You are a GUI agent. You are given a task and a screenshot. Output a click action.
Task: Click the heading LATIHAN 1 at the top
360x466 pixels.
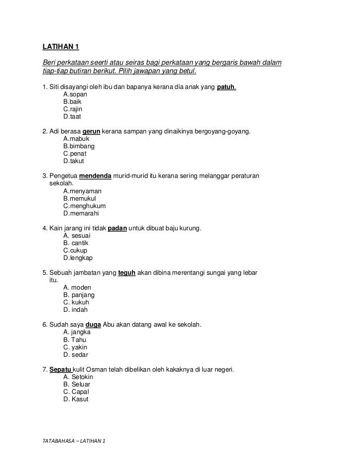click(61, 47)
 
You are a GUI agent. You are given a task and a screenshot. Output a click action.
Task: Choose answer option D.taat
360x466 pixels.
click(72, 117)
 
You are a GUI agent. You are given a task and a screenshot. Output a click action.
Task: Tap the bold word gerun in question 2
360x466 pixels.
click(91, 132)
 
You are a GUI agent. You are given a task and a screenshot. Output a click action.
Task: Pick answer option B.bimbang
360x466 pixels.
click(79, 146)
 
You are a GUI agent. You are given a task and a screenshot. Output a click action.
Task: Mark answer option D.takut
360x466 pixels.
click(74, 161)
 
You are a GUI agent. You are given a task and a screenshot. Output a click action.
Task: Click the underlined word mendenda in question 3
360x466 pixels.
click(95, 176)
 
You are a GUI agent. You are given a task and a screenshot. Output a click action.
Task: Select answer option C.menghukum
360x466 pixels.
click(85, 206)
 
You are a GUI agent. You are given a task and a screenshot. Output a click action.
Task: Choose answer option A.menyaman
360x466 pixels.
click(83, 191)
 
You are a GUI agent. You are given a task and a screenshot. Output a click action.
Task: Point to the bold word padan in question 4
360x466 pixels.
click(118, 228)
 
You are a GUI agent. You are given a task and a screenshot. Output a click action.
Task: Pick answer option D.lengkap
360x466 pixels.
click(78, 257)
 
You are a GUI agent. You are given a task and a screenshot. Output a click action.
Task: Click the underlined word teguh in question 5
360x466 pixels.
click(127, 273)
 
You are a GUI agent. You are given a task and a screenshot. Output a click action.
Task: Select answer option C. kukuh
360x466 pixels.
click(76, 302)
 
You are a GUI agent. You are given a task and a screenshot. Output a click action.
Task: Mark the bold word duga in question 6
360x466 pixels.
click(93, 325)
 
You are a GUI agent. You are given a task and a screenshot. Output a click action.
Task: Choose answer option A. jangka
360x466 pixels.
click(77, 332)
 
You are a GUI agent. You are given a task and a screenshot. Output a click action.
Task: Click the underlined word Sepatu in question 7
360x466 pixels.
click(60, 369)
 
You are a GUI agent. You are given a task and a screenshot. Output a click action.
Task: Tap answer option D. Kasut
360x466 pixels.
click(76, 399)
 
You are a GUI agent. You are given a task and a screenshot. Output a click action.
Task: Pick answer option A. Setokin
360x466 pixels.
click(78, 377)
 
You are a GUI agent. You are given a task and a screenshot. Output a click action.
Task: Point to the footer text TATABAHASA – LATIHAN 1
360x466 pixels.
click(74, 441)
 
